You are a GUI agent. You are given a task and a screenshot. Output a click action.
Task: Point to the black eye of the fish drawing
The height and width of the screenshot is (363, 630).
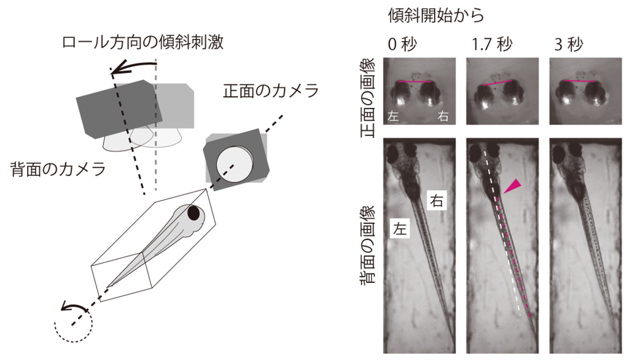click(195, 214)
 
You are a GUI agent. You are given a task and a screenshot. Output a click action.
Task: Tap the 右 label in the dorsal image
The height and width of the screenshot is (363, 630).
click(436, 201)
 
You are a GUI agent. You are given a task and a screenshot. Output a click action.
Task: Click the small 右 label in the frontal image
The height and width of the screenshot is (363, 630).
click(444, 117)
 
